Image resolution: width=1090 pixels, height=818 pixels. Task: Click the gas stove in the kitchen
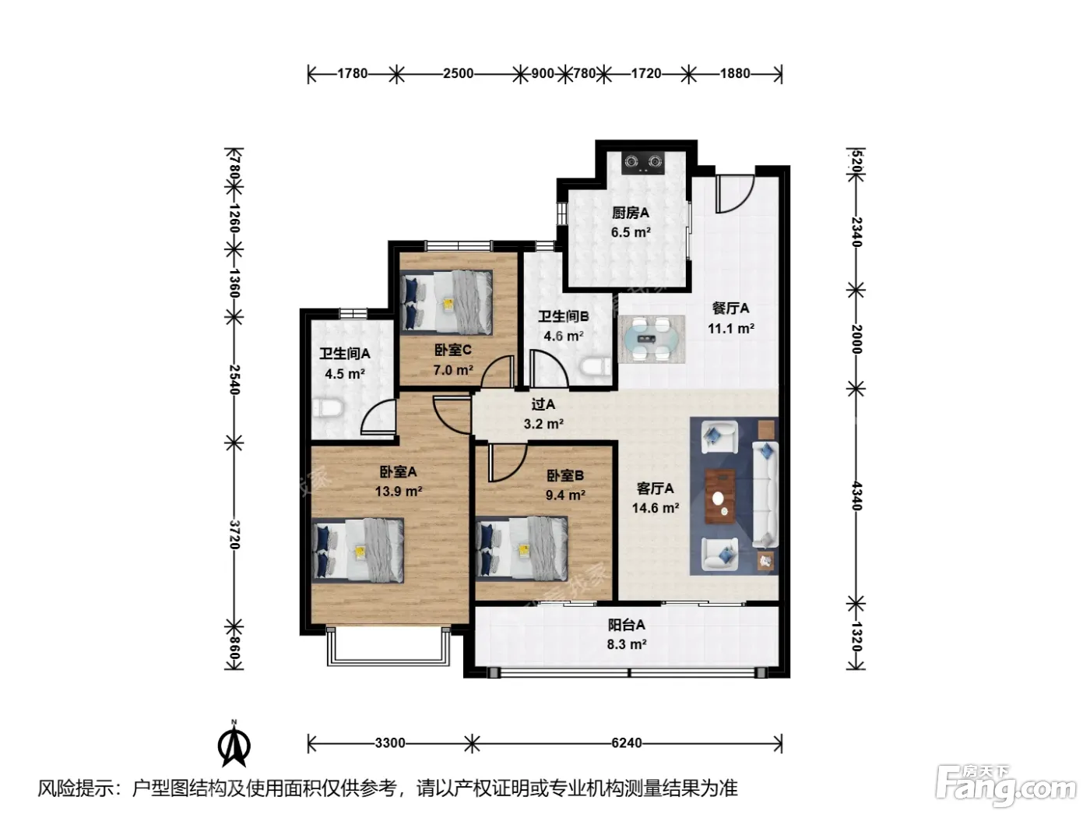pos(643,162)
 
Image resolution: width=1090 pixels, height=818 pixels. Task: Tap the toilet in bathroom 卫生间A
pos(328,408)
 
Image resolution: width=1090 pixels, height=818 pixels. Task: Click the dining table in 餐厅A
pos(652,339)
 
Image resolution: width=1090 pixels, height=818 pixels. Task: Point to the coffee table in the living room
pos(720,495)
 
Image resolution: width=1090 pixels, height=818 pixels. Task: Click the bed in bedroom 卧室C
pos(446,302)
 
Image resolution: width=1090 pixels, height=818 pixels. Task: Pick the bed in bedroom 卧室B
pos(522,548)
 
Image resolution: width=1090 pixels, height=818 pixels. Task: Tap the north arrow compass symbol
pos(234,745)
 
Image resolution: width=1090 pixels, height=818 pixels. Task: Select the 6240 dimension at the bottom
pos(627,743)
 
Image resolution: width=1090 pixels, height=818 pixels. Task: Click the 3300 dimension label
pos(390,743)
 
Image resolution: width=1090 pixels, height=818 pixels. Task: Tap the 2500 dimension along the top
pos(458,73)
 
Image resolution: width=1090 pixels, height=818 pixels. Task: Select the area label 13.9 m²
pos(399,492)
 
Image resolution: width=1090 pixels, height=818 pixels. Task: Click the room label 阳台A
pos(626,624)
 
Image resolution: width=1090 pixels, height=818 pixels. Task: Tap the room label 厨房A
pos(630,213)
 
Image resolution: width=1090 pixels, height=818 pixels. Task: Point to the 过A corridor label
pos(543,404)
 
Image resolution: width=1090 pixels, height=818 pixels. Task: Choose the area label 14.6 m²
pos(656,508)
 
